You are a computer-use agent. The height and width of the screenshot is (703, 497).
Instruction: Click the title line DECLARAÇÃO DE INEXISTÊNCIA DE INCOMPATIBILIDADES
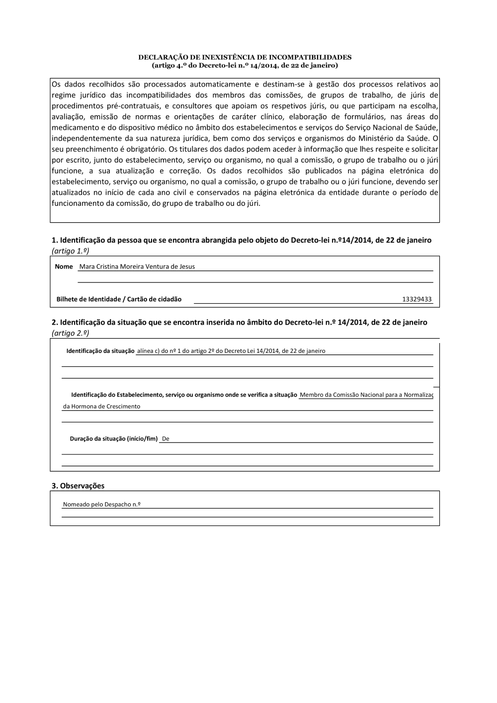click(x=245, y=58)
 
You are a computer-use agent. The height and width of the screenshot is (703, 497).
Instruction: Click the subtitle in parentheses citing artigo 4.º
click(x=245, y=65)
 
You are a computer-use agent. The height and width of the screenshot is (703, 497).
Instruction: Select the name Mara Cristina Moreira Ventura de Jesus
click(x=137, y=266)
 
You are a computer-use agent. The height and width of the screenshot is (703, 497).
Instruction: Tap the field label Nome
click(x=64, y=266)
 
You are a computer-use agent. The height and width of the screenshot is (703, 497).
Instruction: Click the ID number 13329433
click(x=416, y=299)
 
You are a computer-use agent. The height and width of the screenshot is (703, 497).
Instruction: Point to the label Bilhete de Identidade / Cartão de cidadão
click(x=119, y=299)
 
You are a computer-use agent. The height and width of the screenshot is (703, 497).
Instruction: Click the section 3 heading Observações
click(x=78, y=486)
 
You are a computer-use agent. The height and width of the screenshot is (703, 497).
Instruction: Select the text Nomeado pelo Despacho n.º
click(x=101, y=504)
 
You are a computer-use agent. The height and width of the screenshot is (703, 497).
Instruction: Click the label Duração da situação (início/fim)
click(x=114, y=439)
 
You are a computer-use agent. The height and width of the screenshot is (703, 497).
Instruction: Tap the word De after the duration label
click(x=166, y=439)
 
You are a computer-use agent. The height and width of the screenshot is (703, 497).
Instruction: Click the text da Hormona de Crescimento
click(x=101, y=406)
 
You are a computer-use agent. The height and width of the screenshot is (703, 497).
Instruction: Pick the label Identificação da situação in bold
click(x=100, y=351)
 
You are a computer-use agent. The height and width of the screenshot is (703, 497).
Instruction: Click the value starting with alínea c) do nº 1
click(x=231, y=351)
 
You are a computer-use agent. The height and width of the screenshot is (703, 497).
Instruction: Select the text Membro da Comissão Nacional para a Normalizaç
click(x=366, y=395)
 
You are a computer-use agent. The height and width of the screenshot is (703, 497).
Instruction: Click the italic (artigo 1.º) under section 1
click(x=70, y=251)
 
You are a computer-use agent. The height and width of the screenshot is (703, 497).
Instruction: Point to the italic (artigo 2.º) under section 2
click(x=70, y=333)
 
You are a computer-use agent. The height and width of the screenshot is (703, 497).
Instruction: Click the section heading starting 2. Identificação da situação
click(x=239, y=322)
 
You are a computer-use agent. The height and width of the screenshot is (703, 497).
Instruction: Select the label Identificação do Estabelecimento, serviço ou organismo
click(x=184, y=395)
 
